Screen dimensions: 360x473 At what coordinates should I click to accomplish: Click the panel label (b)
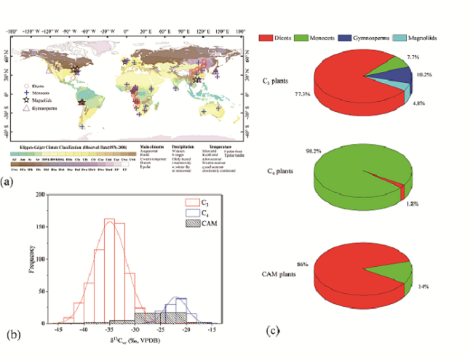coord(15,335)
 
